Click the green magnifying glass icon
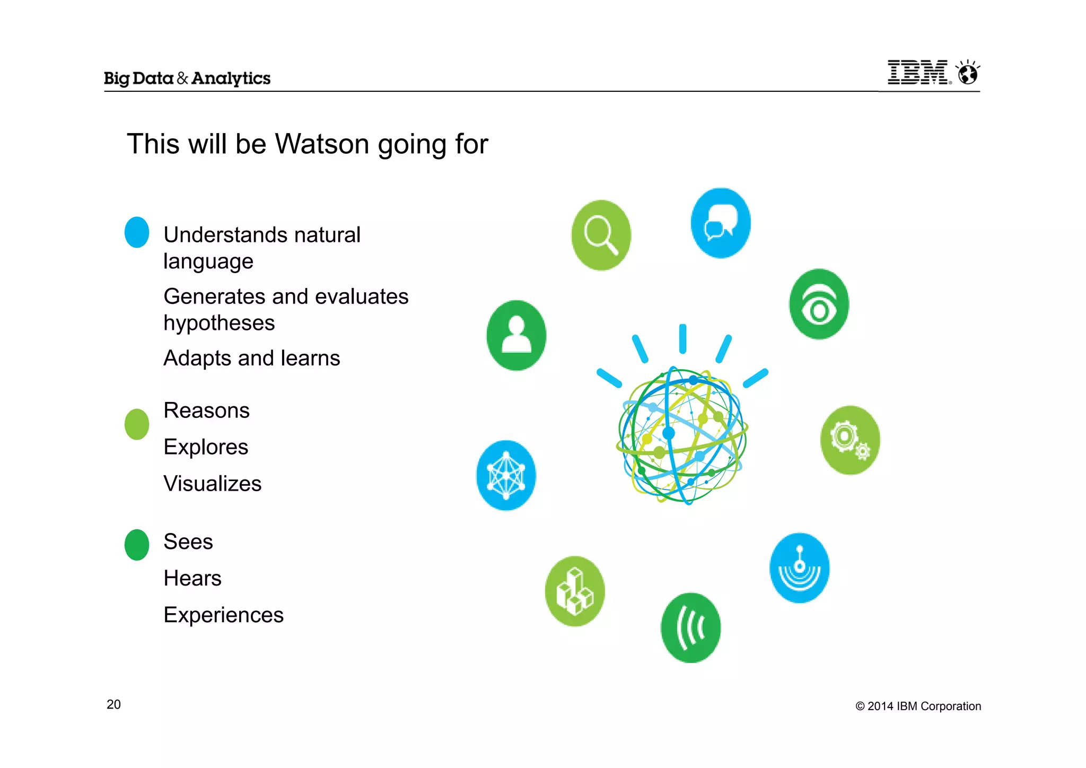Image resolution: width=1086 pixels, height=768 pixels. coord(601,235)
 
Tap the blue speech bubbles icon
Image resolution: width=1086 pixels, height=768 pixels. coord(721,223)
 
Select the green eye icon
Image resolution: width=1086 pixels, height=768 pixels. coord(819,304)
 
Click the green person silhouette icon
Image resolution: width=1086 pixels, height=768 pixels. coord(516,335)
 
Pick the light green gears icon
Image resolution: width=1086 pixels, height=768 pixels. coord(849,440)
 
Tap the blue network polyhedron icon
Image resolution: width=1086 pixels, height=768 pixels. coord(506,475)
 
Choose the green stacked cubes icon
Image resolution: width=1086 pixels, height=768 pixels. coord(575,591)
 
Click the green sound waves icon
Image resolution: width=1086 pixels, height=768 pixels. coord(690,627)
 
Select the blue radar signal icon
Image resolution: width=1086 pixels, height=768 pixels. coord(799,568)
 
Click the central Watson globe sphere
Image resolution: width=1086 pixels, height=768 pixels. coord(682,435)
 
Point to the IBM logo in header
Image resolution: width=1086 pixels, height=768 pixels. coord(918,73)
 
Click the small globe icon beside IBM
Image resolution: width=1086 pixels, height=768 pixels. coord(968,73)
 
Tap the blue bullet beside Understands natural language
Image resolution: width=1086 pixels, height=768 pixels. coord(137,232)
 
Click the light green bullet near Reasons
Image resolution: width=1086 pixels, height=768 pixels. coord(137,424)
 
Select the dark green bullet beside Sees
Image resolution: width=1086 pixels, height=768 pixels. coord(137,545)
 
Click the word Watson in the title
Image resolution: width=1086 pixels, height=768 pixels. coord(322,144)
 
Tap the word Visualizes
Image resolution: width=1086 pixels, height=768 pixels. coord(212,484)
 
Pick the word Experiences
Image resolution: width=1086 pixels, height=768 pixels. coord(223,615)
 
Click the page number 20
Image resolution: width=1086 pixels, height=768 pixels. coord(113,704)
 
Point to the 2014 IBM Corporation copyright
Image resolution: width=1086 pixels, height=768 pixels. coord(918,706)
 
